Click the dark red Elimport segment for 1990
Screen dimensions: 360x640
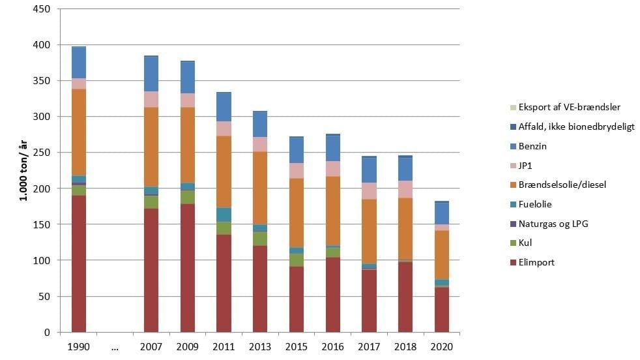tap(78, 263)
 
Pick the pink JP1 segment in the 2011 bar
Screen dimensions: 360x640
tap(224, 128)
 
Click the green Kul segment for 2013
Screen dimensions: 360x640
tap(260, 239)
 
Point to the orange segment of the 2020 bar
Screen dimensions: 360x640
tap(442, 254)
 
